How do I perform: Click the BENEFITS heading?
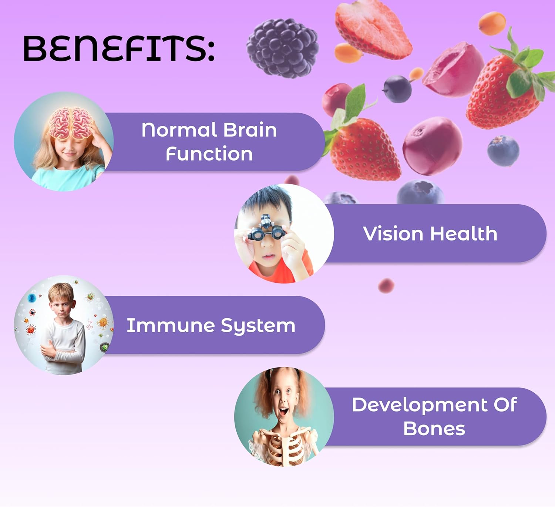tap(119, 48)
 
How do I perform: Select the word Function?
tap(209, 154)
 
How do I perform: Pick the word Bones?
tap(434, 429)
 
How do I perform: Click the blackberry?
tap(282, 48)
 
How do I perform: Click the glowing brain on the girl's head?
tap(71, 122)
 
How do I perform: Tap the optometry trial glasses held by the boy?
tap(266, 228)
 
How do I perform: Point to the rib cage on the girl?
tap(285, 446)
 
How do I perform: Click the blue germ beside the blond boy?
tap(32, 298)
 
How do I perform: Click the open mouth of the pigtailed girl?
tap(283, 411)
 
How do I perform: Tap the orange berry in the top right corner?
tap(492, 23)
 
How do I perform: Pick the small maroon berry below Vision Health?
tap(386, 285)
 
